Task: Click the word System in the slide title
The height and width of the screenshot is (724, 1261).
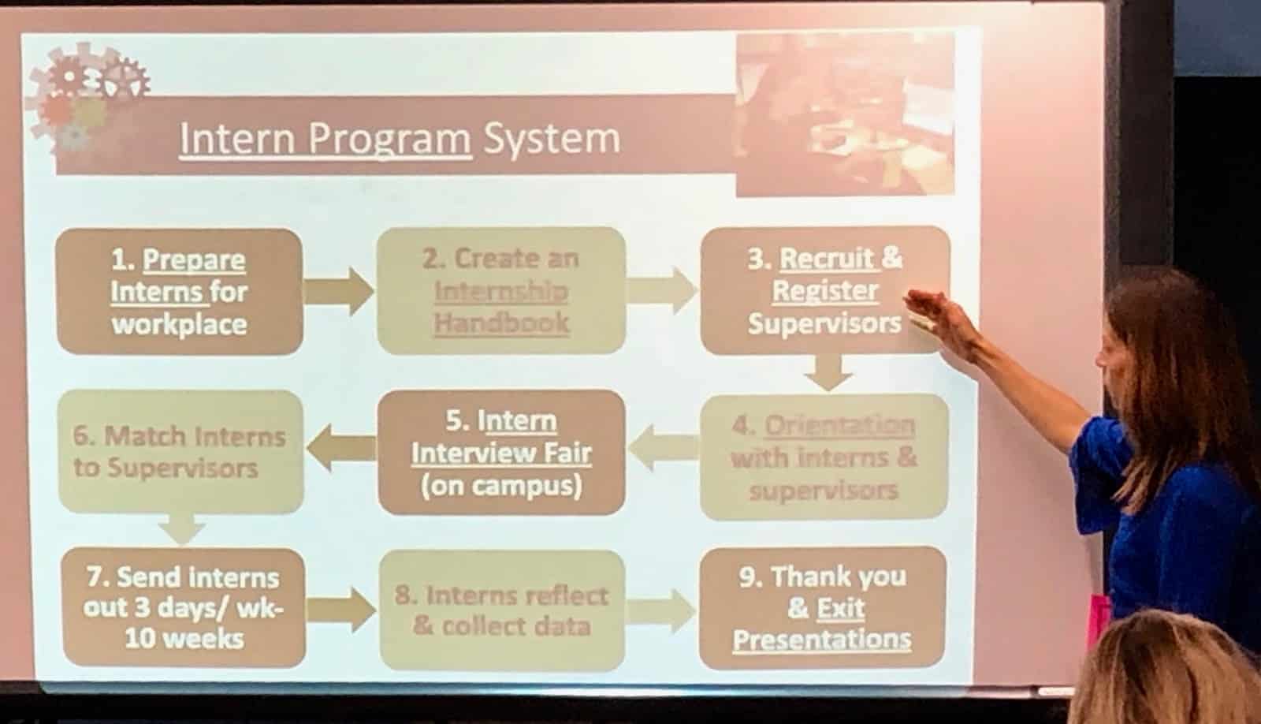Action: click(x=552, y=139)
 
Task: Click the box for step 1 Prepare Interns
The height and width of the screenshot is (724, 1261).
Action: click(x=180, y=291)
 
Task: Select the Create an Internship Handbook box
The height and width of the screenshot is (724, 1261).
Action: click(x=501, y=291)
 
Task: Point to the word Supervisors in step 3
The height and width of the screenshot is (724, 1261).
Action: click(x=824, y=323)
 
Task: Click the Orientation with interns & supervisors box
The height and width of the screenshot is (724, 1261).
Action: click(x=824, y=457)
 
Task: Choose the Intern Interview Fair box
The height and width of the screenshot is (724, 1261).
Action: click(x=501, y=453)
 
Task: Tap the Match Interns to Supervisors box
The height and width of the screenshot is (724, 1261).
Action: click(x=180, y=452)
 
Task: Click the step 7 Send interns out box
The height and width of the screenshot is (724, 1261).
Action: click(x=184, y=607)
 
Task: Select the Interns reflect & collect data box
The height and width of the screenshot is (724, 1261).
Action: click(x=502, y=610)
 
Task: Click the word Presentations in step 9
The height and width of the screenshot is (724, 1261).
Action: click(x=822, y=640)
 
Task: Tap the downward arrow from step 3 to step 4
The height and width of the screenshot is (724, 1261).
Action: click(x=828, y=372)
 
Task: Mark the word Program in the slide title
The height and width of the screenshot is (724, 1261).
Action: click(x=389, y=140)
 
